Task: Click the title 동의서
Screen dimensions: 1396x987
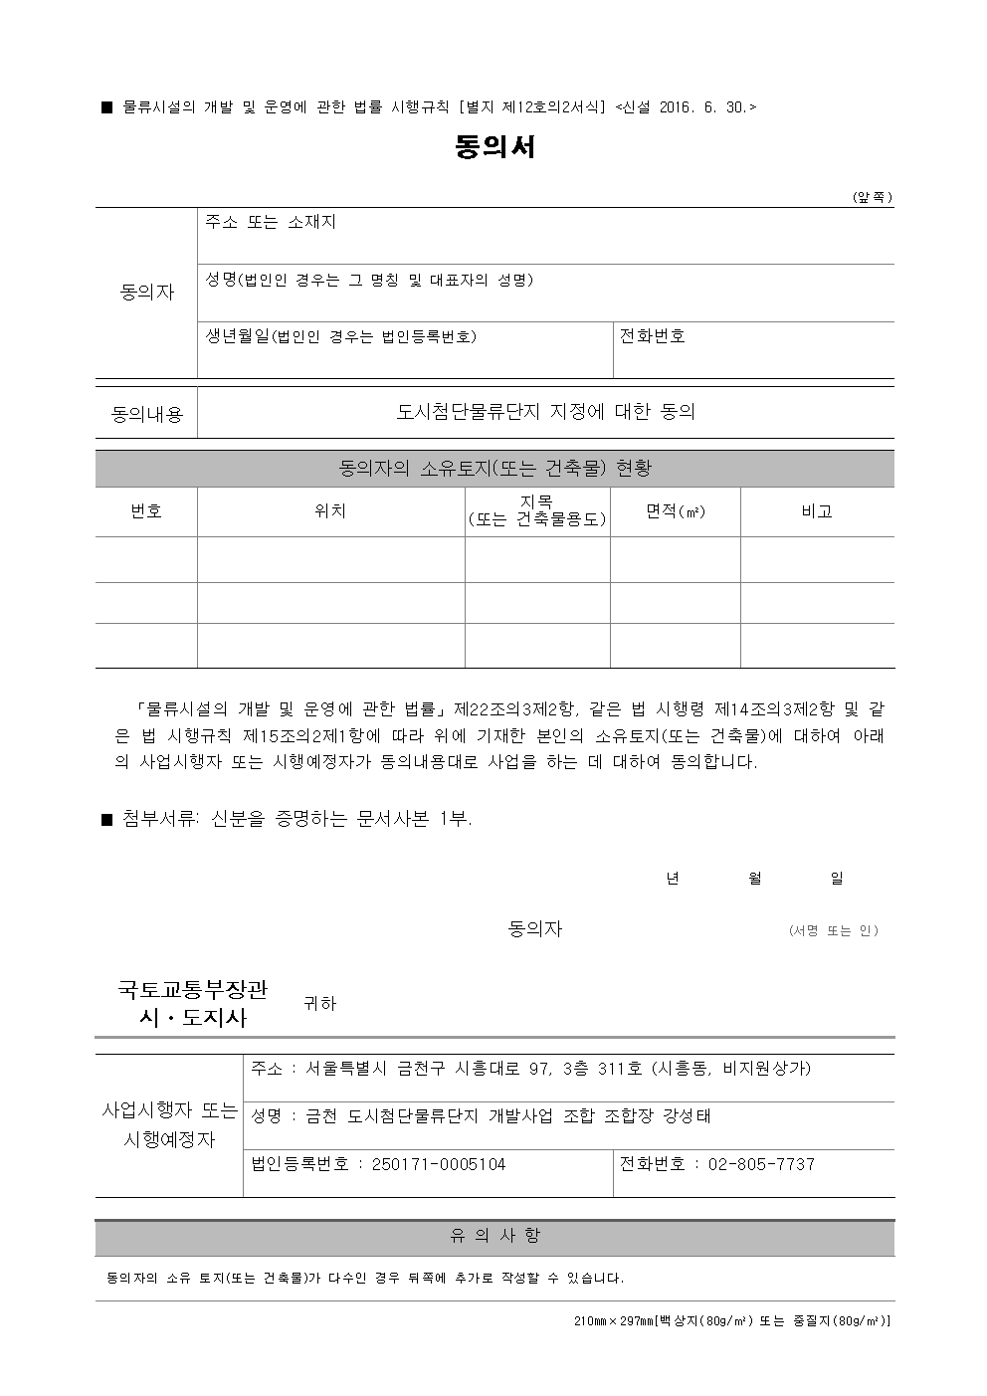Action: (494, 147)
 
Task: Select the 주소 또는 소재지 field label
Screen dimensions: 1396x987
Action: (271, 222)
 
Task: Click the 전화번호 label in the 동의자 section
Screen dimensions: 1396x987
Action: (653, 336)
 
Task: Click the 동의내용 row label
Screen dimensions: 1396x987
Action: (147, 414)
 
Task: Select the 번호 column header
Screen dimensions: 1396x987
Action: (146, 511)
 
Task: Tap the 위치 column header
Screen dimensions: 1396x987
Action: (330, 511)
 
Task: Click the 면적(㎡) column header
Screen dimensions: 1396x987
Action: (676, 511)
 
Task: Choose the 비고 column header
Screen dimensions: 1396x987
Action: (817, 511)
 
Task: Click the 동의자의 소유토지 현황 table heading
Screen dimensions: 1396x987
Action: (494, 468)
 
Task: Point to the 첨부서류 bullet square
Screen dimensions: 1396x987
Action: (108, 819)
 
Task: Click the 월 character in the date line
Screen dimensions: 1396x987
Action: (755, 878)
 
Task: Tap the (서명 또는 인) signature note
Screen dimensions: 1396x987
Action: (833, 930)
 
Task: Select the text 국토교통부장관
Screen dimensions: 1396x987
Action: (193, 990)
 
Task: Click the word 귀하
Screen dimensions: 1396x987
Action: (319, 1004)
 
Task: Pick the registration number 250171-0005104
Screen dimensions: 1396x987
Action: (439, 1164)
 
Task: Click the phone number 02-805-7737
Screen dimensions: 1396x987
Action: (761, 1164)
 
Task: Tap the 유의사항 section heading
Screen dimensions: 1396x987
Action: (494, 1236)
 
